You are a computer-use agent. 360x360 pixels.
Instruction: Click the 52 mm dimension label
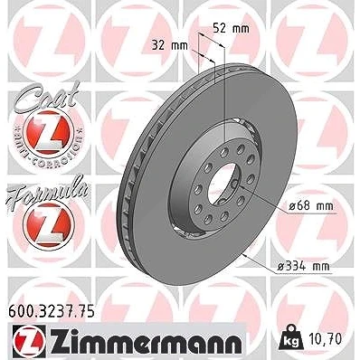click(232, 29)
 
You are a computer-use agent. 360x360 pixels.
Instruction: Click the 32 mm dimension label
click(169, 46)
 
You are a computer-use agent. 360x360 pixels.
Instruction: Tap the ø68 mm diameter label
click(311, 206)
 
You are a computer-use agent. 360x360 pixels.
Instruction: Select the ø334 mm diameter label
click(303, 266)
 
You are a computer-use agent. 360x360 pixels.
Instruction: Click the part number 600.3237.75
click(52, 311)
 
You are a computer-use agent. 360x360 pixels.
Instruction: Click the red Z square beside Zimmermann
click(29, 340)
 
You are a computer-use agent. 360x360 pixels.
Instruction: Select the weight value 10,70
click(325, 338)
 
